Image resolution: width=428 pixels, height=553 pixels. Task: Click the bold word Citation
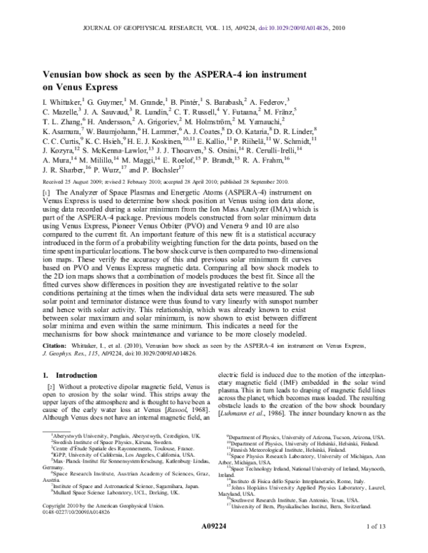56,345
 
